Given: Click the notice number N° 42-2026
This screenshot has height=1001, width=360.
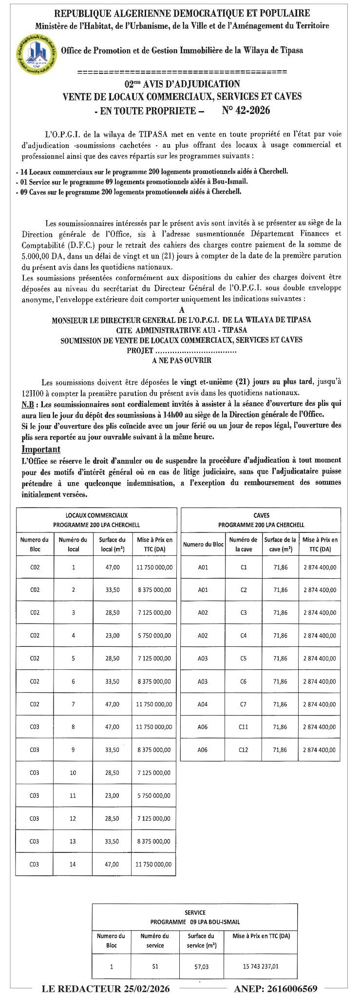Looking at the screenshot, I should click(246, 111).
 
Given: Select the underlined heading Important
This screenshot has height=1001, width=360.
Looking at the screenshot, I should click(41, 449).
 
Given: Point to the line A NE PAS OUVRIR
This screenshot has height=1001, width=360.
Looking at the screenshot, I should click(181, 361).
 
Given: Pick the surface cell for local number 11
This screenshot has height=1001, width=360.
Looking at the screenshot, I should click(112, 796).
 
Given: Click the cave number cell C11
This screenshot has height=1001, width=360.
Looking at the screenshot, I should click(244, 727).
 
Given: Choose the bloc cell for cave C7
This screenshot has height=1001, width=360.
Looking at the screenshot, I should click(203, 704).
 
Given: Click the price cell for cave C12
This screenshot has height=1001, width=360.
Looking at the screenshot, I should click(320, 750).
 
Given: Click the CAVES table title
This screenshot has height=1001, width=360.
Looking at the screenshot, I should click(261, 515).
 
